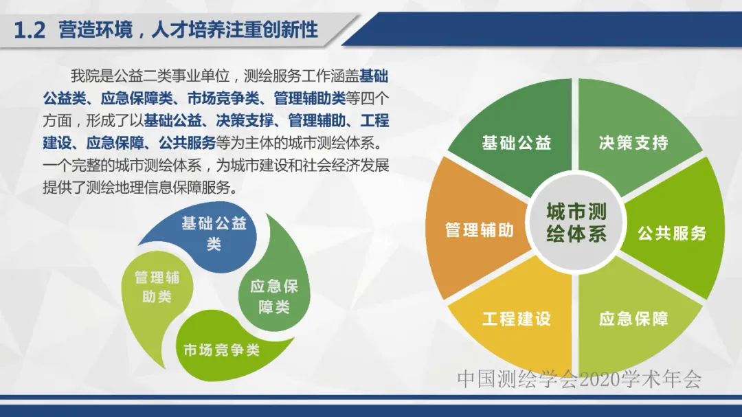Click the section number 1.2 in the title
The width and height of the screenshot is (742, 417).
coord(30,31)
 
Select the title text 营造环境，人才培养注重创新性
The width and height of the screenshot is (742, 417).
coord(188,31)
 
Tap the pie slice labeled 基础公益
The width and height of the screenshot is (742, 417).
coord(516,142)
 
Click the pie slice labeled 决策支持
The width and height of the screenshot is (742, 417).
coord(633,142)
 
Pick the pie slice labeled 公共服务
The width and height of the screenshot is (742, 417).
coord(671,233)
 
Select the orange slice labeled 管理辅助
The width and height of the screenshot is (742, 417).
coord(479,230)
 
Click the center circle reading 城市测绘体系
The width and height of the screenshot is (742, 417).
coord(576,222)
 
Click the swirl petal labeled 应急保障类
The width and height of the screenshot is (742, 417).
coord(273,296)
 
